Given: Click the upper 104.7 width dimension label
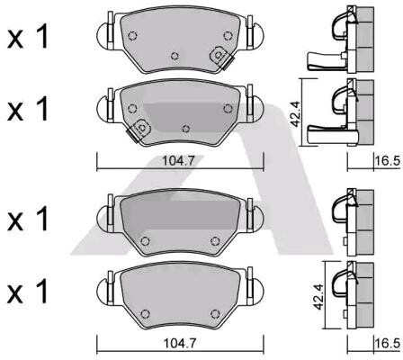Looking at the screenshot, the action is coord(178,161).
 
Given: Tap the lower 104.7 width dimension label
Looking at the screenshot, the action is coord(179,343).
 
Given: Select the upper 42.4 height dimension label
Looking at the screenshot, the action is coord(296,114).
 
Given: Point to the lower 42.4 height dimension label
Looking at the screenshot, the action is coord(319,296).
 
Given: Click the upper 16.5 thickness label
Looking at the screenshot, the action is coord(388,161).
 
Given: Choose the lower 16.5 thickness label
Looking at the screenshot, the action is coord(388,343).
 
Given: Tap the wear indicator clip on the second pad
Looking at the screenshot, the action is coord(139,130).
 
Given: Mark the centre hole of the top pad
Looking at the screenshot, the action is coord(175,56).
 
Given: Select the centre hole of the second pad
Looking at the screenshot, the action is coord(186,129).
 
